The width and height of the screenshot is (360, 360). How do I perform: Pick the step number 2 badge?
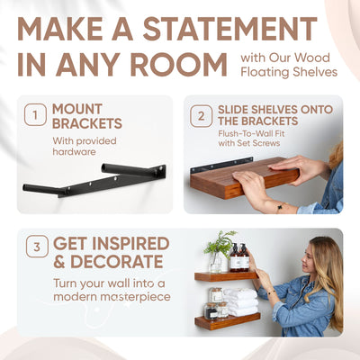[200, 114]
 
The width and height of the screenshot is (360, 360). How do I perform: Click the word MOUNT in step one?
[83, 109]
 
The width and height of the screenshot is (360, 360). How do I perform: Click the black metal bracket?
[94, 181]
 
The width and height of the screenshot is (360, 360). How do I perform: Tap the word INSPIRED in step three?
[135, 243]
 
